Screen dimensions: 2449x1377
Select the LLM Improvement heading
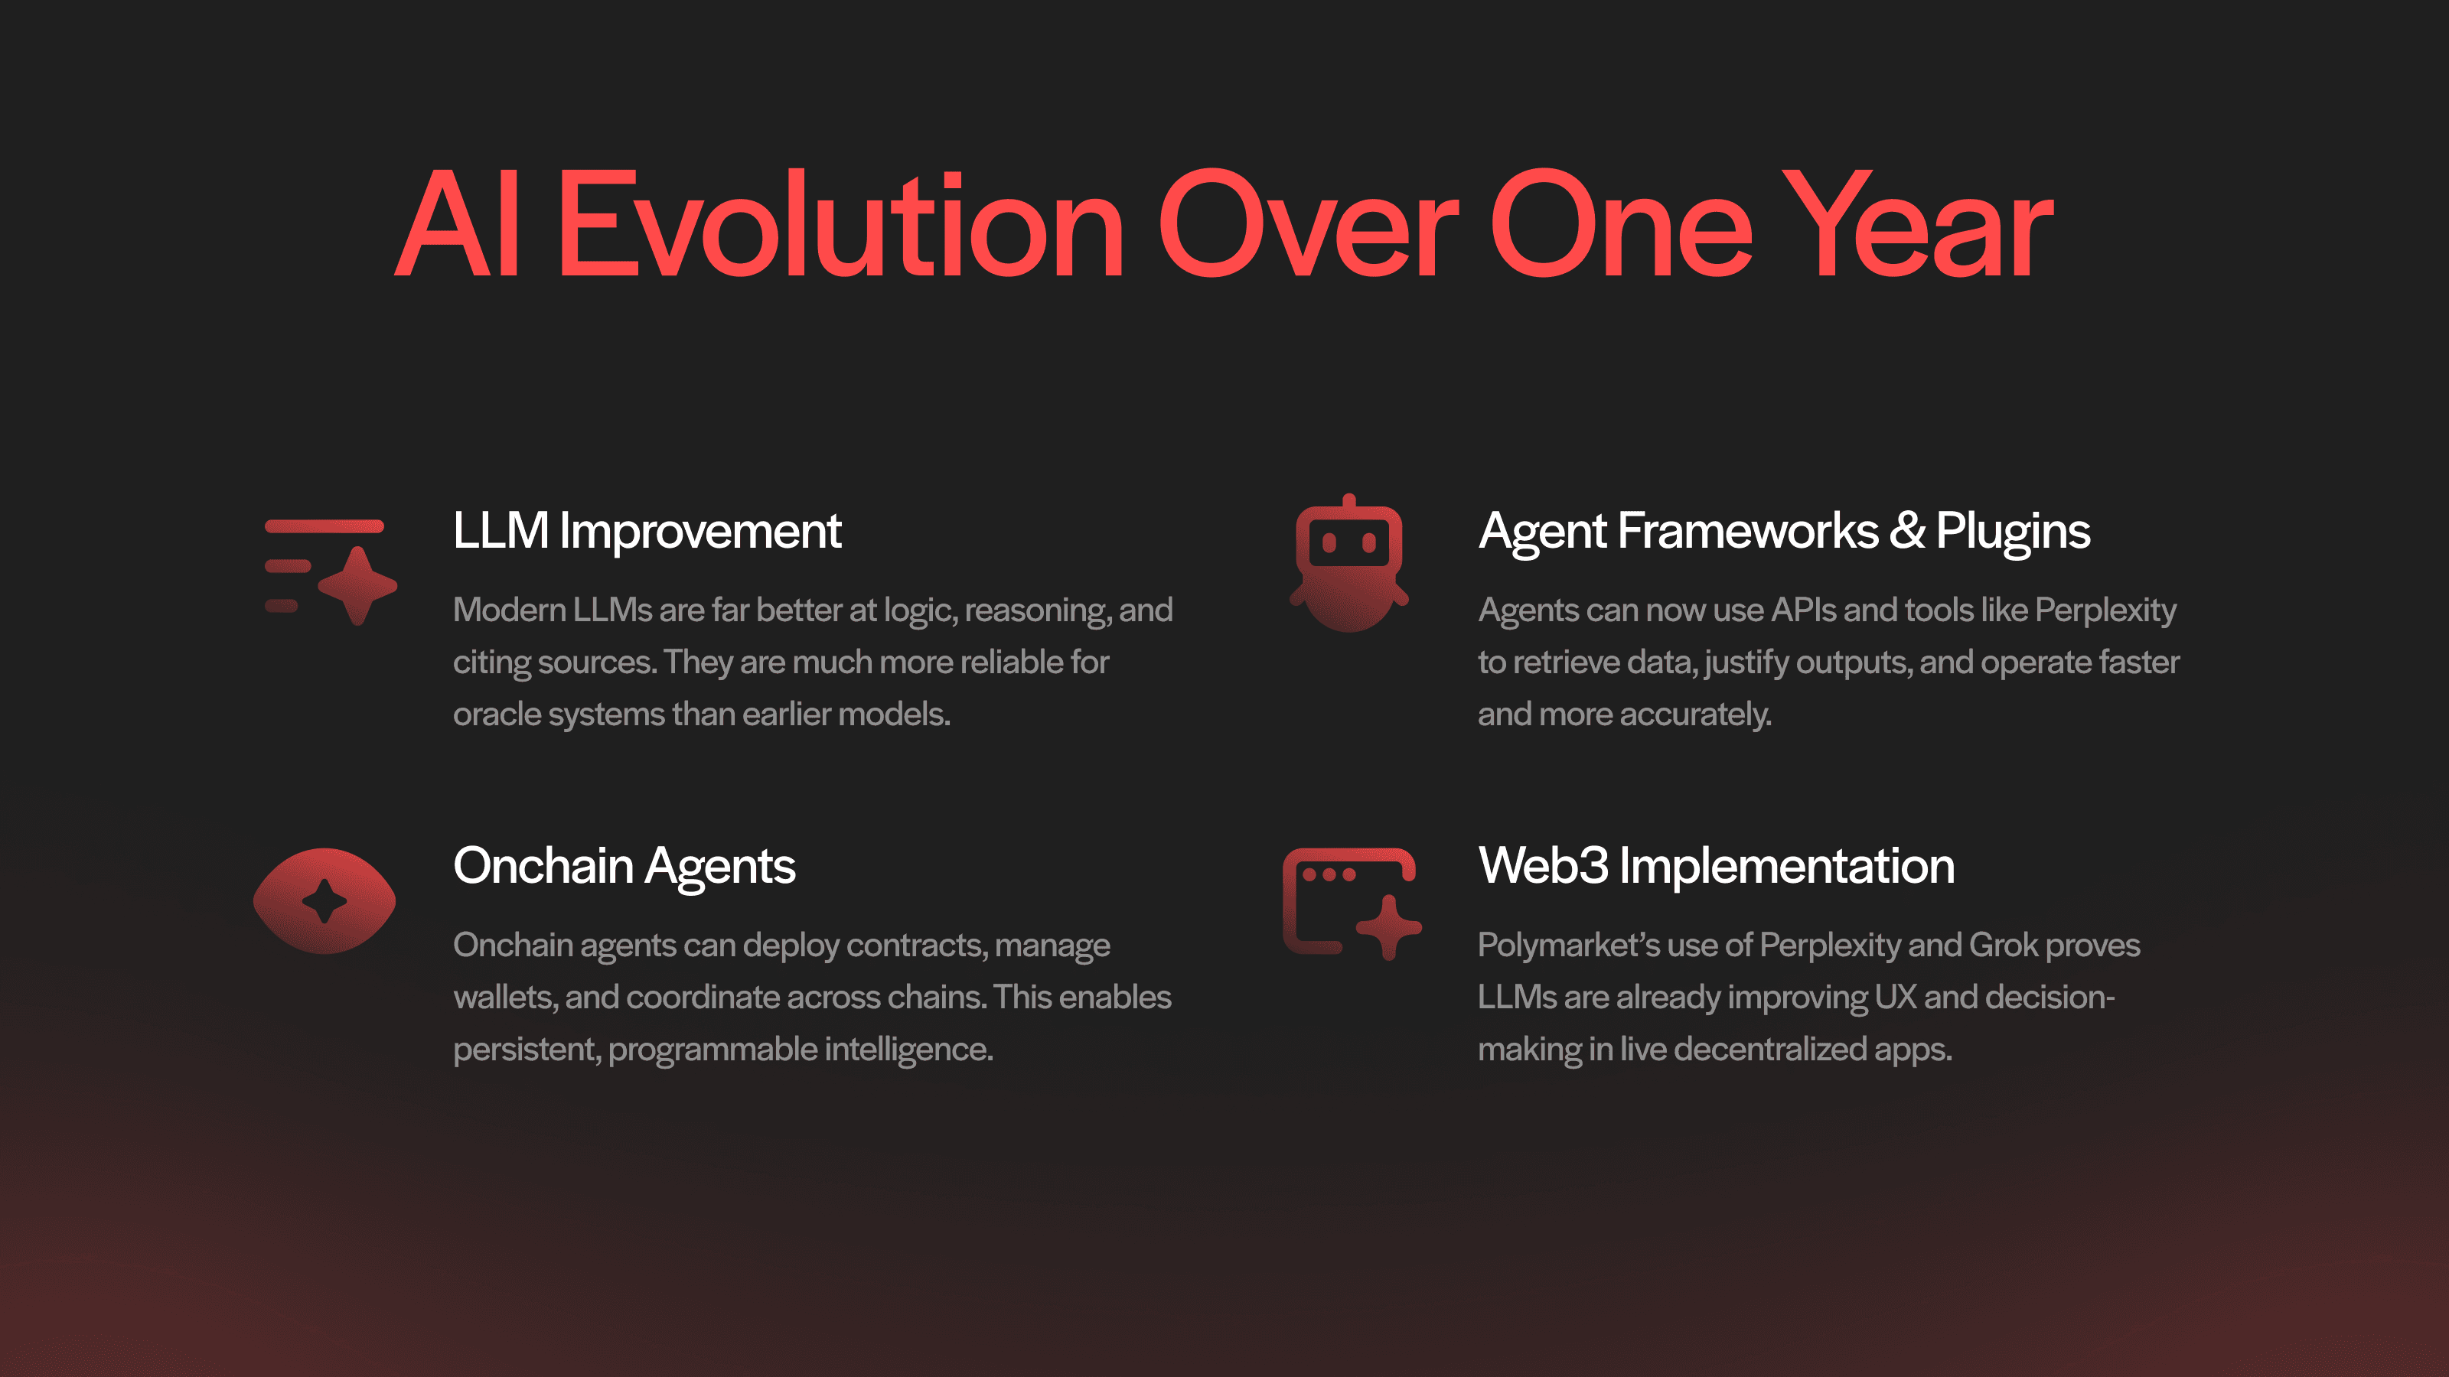(647, 530)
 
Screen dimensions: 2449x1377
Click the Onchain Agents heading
(624, 867)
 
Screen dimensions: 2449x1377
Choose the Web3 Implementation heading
(1716, 867)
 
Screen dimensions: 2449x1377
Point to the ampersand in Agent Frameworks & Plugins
(1906, 530)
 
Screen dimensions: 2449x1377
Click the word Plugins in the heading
(2013, 532)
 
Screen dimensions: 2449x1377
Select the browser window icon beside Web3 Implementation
(1351, 903)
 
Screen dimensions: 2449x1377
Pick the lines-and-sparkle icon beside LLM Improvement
(330, 571)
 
